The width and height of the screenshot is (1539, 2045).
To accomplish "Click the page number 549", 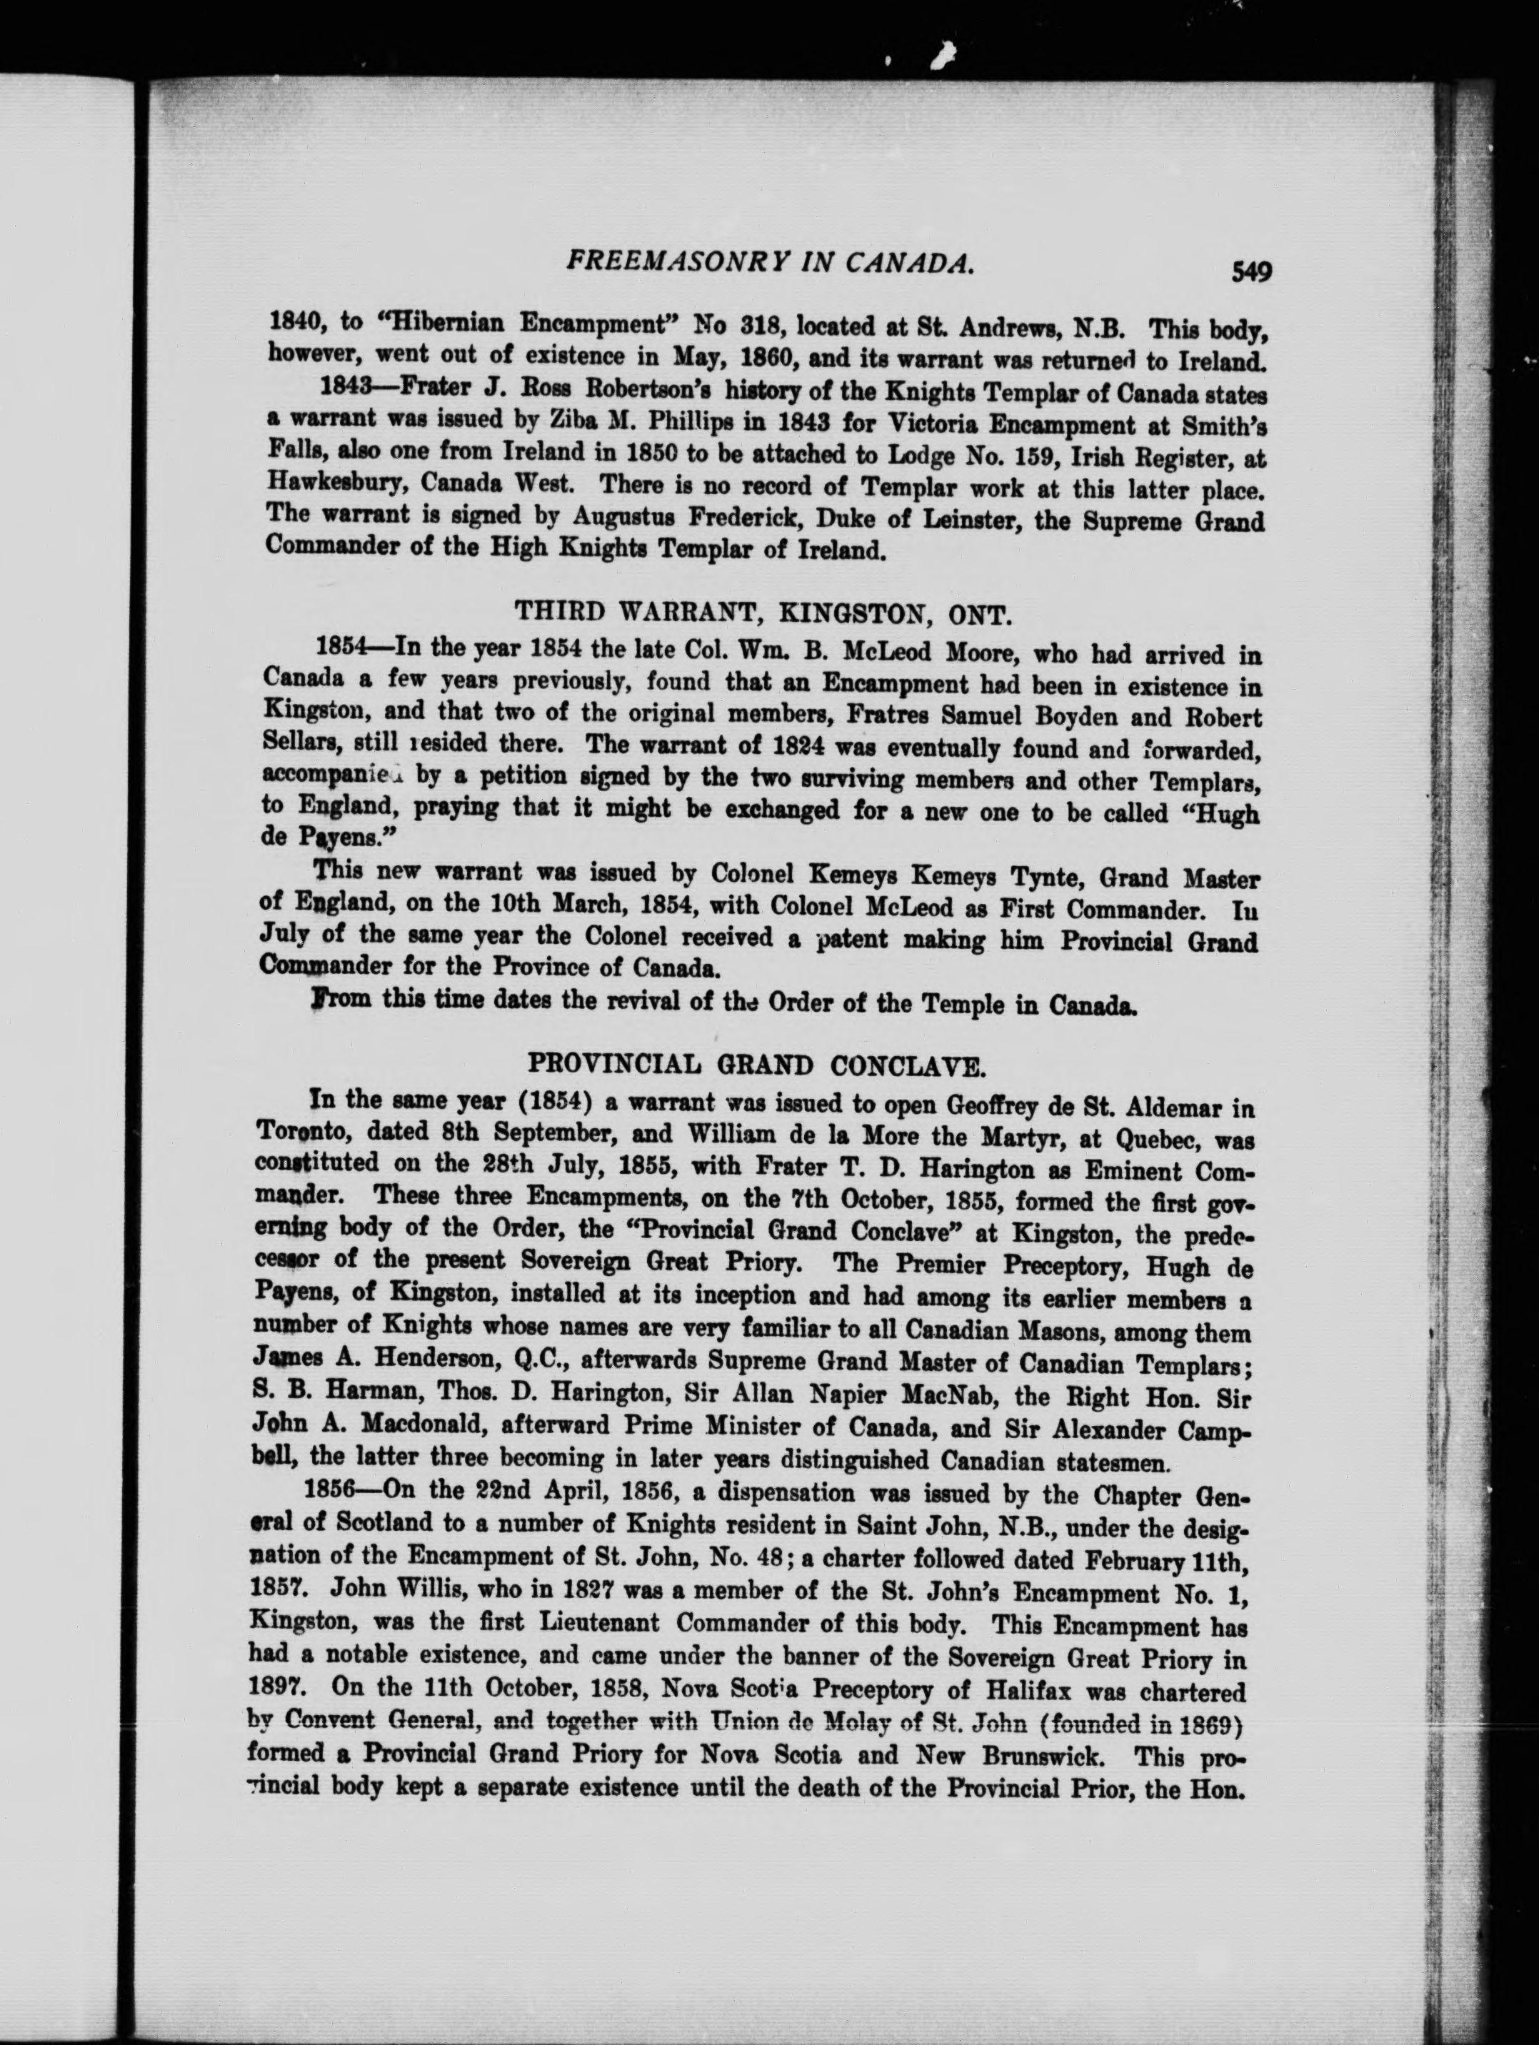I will pos(1251,272).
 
